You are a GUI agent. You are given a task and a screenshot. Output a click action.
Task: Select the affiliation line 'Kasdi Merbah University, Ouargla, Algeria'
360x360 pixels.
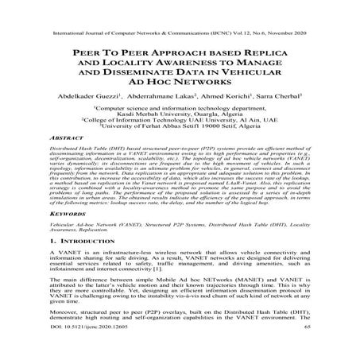(180, 115)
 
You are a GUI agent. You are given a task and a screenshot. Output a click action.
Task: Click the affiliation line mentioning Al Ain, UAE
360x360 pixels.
(180, 123)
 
